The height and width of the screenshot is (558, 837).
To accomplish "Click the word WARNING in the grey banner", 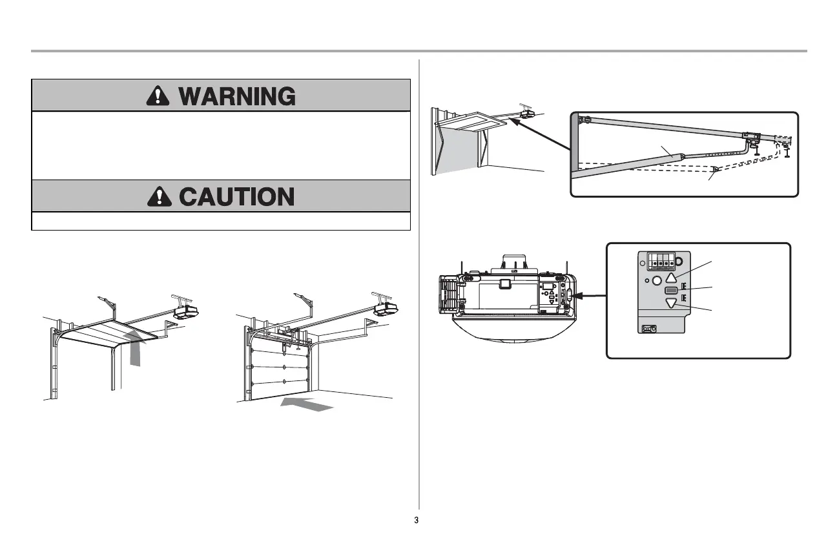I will [237, 96].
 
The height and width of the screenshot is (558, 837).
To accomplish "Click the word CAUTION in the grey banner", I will [237, 196].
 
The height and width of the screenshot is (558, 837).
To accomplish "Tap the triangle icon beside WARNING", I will [156, 96].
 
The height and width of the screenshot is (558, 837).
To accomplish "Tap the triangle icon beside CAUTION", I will [156, 196].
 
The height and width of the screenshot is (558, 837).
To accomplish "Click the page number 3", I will [417, 521].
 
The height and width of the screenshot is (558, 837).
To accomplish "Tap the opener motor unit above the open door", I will [186, 311].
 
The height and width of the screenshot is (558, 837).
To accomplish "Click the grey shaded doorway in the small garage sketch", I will [452, 149].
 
